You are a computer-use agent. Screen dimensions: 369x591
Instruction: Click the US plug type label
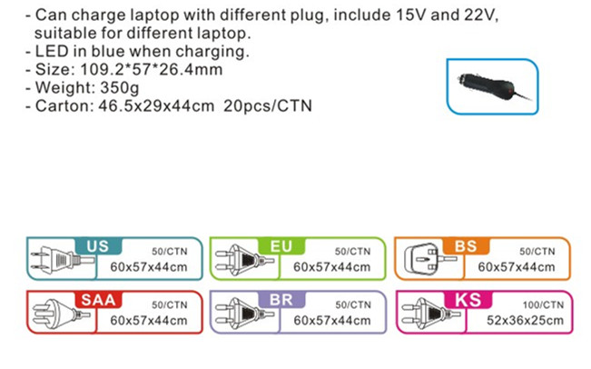pyautogui.click(x=97, y=246)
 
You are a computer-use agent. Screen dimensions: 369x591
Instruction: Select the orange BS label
pyautogui.click(x=465, y=246)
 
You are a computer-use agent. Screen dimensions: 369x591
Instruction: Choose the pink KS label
pyautogui.click(x=465, y=300)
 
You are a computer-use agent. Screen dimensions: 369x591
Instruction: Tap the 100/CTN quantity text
pyautogui.click(x=535, y=304)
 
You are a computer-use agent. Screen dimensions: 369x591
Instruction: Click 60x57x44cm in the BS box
pyautogui.click(x=516, y=266)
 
